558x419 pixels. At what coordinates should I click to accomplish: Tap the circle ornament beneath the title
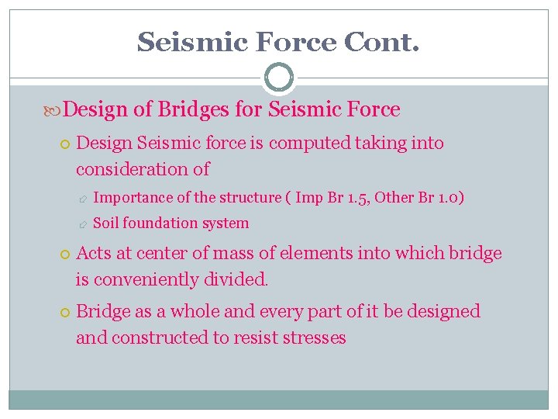278,78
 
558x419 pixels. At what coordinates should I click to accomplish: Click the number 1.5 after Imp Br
357,197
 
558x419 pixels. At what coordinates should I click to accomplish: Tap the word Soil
106,223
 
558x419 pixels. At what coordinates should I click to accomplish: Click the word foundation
161,223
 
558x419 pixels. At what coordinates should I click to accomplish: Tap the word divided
238,279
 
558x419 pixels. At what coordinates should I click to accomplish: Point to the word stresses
316,338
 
